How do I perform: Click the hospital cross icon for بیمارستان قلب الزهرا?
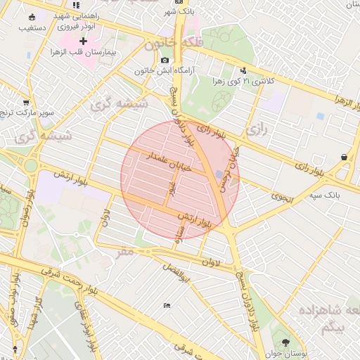click(83, 42)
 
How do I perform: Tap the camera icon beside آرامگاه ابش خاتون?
click(165, 60)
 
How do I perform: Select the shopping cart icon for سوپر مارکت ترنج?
click(26, 102)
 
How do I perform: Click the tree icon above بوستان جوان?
click(285, 342)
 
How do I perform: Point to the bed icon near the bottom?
click(167, 305)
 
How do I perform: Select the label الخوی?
click(281, 198)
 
